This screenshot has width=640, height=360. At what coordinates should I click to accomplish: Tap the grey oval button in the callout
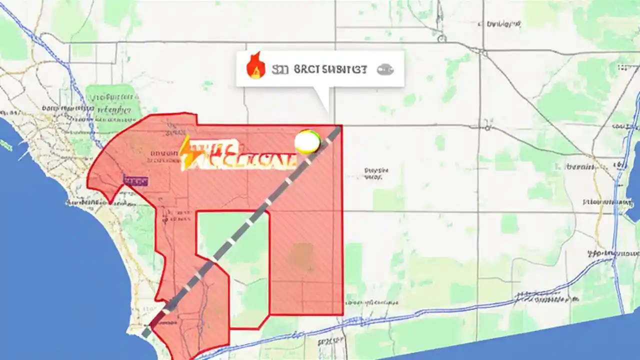click(385, 69)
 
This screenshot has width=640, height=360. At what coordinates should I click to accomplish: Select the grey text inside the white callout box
click(320, 69)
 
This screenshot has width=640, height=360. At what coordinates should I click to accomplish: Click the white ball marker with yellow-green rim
click(307, 142)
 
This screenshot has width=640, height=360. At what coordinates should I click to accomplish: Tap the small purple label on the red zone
click(135, 180)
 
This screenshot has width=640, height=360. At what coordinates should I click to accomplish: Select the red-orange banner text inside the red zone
click(240, 155)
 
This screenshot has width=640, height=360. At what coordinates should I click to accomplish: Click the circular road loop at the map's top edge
click(441, 37)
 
